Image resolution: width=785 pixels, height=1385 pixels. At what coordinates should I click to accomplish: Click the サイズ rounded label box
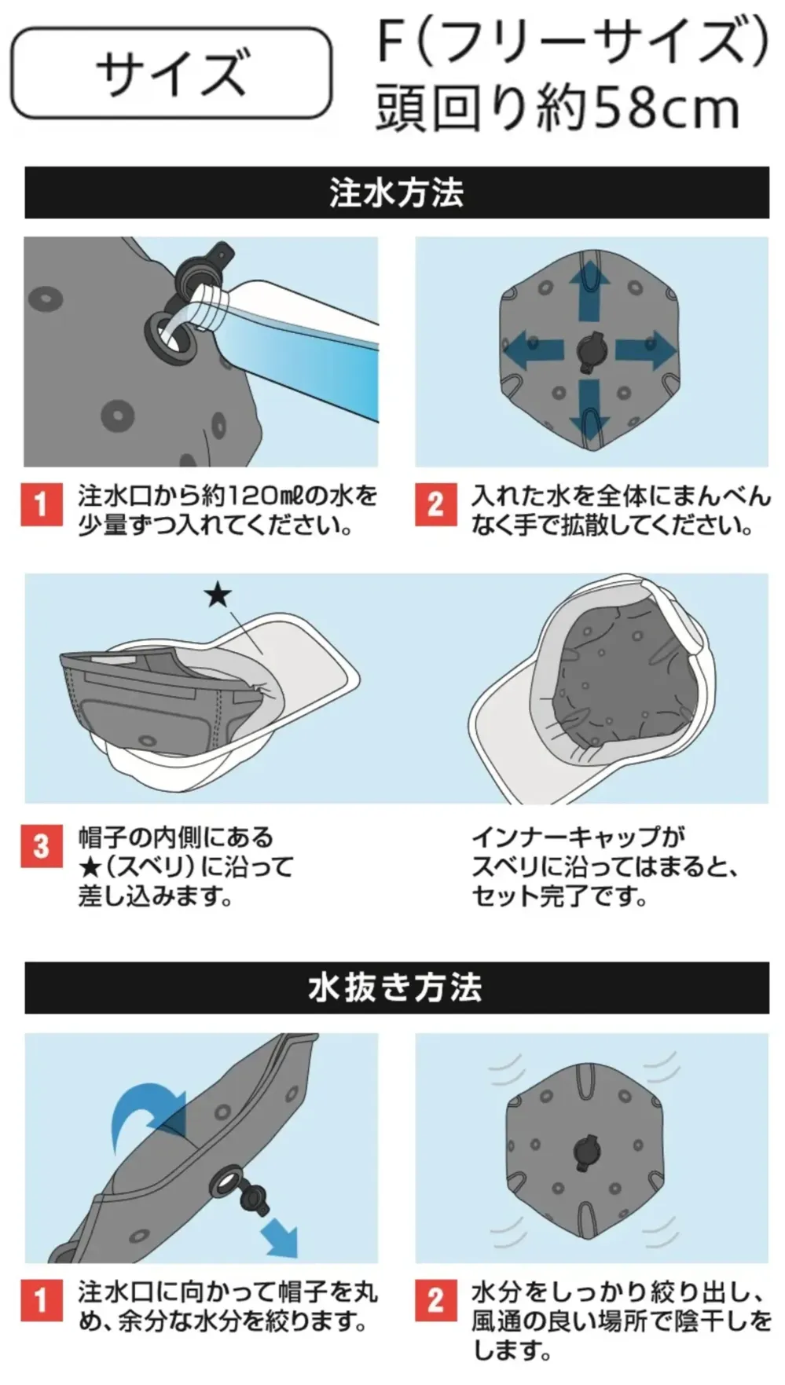[171, 73]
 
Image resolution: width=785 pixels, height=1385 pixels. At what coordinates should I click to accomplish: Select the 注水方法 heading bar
[397, 192]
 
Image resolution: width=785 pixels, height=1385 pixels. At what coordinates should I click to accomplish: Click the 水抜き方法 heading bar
[397, 987]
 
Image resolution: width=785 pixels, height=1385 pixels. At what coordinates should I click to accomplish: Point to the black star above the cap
[218, 595]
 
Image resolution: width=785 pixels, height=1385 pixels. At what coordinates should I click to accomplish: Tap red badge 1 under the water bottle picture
[41, 504]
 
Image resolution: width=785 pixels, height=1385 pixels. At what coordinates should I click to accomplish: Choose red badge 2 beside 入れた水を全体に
[435, 504]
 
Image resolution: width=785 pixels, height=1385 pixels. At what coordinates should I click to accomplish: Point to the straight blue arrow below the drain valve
[280, 1236]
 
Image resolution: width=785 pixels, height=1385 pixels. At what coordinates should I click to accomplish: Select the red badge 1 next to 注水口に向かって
[41, 1300]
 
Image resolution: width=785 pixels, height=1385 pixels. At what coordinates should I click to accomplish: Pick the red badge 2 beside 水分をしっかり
[435, 1300]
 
